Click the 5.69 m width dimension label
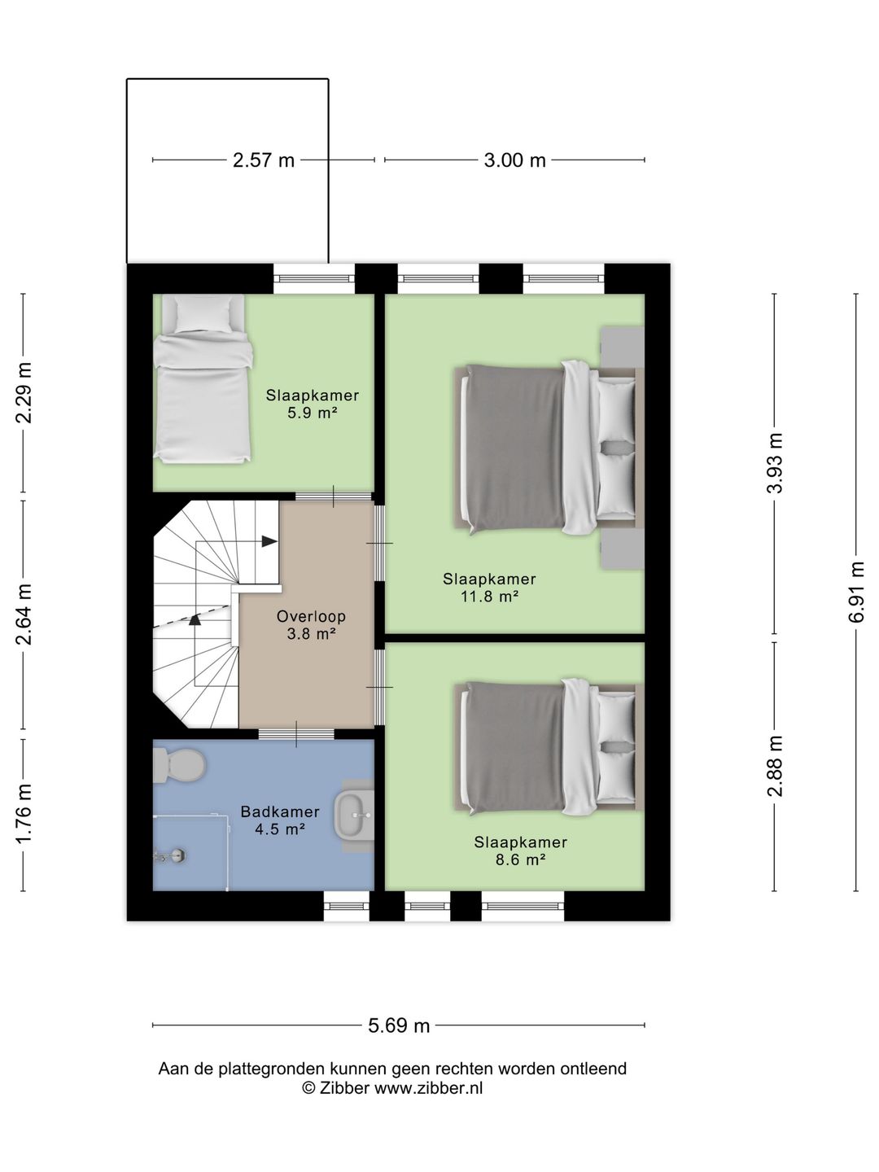pyautogui.click(x=399, y=1025)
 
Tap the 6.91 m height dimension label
pyautogui.click(x=856, y=592)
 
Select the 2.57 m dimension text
pyautogui.click(x=264, y=160)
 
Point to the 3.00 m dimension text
pyautogui.click(x=514, y=160)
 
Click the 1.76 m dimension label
pyautogui.click(x=24, y=814)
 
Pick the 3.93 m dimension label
pyautogui.click(x=774, y=463)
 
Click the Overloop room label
pyautogui.click(x=311, y=617)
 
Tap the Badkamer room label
pyautogui.click(x=280, y=812)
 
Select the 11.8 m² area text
pyautogui.click(x=489, y=597)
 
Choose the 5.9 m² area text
pyautogui.click(x=313, y=413)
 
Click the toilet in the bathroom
pyautogui.click(x=179, y=765)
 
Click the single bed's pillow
pyautogui.click(x=203, y=314)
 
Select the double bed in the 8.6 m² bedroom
pyautogui.click(x=549, y=747)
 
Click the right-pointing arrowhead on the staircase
pyautogui.click(x=269, y=541)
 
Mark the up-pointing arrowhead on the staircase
pyautogui.click(x=195, y=619)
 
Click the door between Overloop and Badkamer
pyautogui.click(x=296, y=734)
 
